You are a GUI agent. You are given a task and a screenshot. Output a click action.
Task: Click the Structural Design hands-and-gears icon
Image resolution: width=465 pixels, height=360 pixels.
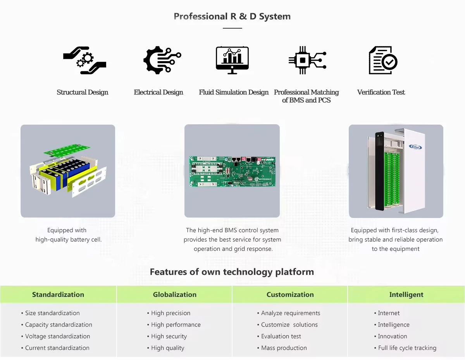(84, 60)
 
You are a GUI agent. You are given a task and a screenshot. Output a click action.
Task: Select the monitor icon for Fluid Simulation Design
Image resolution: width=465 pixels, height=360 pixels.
(232, 60)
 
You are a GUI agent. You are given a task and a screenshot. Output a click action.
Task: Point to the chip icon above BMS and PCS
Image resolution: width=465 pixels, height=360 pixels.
(307, 60)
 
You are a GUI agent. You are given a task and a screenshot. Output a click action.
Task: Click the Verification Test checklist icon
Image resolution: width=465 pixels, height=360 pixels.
(382, 60)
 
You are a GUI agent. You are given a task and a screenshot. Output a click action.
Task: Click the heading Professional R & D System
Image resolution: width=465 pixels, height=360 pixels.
(232, 16)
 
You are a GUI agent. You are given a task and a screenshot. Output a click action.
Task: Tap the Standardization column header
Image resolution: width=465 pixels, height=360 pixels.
(58, 295)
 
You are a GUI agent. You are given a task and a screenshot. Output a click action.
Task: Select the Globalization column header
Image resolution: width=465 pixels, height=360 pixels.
(174, 295)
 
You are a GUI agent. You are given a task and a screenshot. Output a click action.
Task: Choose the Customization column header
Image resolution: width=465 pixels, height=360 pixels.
(290, 295)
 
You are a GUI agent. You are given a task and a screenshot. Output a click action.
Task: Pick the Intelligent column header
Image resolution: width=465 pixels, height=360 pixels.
(406, 295)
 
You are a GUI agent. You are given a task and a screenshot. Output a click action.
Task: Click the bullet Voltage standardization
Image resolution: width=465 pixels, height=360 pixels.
(57, 336)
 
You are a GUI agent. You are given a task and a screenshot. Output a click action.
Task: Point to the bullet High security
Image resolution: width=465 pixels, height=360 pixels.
(169, 336)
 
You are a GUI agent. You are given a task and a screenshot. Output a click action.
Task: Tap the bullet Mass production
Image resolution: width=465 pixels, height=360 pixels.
(284, 348)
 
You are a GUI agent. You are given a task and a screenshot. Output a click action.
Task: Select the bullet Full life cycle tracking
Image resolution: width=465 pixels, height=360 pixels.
(407, 348)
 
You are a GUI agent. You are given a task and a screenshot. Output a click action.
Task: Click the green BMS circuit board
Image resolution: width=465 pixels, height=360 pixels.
(232, 171)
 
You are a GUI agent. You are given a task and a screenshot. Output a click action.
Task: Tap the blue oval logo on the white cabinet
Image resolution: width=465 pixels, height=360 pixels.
(415, 147)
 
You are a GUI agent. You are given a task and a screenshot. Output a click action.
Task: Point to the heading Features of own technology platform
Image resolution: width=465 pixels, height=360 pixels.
(232, 272)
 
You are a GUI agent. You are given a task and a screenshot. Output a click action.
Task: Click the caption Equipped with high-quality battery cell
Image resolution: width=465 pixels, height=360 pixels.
(68, 235)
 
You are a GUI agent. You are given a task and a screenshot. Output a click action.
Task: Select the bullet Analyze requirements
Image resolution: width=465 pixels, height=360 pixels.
(291, 313)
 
